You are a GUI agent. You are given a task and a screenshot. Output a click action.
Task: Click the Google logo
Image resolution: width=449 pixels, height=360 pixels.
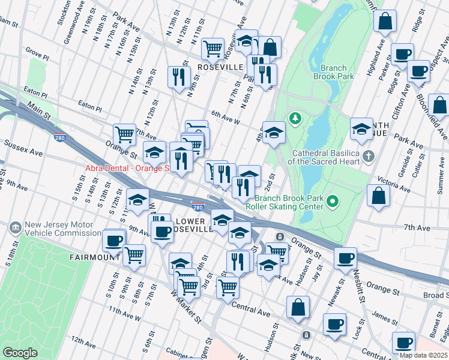(20, 353)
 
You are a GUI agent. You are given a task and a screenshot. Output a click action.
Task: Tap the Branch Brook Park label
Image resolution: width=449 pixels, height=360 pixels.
(333, 72)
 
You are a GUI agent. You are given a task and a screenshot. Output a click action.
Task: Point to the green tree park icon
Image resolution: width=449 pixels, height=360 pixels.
(294, 118)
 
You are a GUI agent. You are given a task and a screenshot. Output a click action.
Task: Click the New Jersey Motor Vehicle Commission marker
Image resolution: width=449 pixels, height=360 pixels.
(16, 228)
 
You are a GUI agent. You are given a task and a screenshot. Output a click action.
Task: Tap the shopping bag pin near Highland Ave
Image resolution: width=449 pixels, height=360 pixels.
(385, 22)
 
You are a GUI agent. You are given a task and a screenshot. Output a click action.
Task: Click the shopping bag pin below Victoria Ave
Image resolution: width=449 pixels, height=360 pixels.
(378, 196)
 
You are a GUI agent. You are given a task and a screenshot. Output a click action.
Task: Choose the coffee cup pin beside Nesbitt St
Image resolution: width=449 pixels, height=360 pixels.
(345, 258)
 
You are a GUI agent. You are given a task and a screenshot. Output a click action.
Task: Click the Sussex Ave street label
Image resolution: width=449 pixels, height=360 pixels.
(23, 149)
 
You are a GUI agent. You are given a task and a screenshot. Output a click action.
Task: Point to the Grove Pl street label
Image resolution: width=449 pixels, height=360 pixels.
(37, 55)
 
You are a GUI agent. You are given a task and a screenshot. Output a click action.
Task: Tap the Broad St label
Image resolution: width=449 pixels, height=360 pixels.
(435, 295)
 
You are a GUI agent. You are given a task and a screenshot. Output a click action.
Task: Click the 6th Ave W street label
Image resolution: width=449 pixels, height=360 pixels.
(226, 118)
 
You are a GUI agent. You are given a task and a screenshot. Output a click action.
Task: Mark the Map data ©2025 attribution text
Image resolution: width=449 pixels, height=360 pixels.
(423, 355)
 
